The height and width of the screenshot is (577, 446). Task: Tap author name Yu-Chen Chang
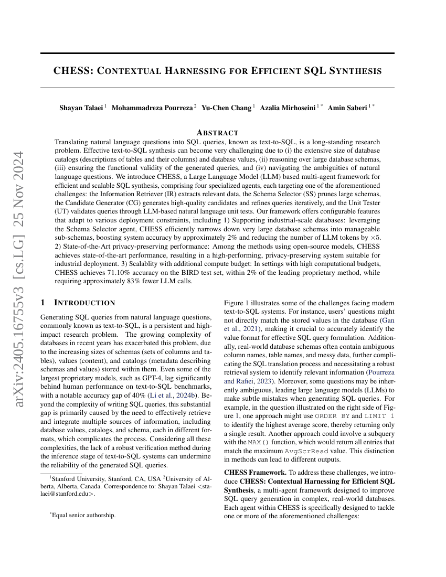tap(226, 108)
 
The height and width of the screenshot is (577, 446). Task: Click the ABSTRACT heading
tap(217, 133)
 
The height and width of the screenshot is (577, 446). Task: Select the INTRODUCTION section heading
tap(84, 303)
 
